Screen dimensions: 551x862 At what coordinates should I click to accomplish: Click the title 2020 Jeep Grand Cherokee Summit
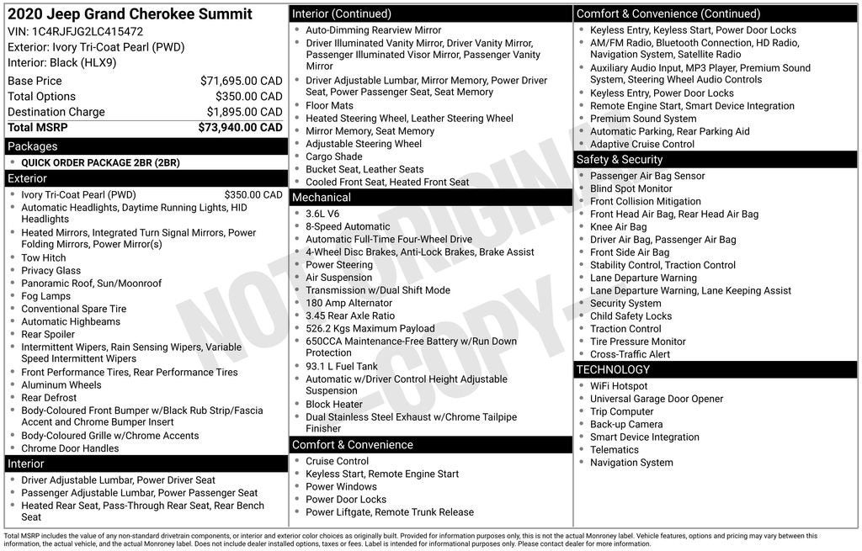click(x=130, y=14)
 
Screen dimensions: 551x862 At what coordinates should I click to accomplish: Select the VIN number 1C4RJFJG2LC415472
click(x=88, y=31)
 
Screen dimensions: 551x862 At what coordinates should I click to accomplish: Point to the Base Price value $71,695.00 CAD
click(x=241, y=81)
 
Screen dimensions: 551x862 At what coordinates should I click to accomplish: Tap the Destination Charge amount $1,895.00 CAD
click(x=241, y=112)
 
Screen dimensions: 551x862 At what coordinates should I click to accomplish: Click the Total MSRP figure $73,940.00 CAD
click(x=240, y=127)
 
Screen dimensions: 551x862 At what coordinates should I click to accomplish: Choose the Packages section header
click(x=33, y=146)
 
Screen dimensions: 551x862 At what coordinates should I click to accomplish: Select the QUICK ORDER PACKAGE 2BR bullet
click(x=100, y=162)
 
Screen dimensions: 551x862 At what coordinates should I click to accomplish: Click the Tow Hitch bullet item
click(x=44, y=257)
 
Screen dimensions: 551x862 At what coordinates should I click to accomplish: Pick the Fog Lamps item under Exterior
click(x=46, y=296)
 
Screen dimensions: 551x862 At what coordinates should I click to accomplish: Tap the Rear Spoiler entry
click(x=48, y=334)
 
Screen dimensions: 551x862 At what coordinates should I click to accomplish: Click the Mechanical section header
click(x=321, y=198)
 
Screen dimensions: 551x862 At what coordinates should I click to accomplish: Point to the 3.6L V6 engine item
click(x=322, y=214)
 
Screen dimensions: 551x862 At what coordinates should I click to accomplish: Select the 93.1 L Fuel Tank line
click(x=342, y=366)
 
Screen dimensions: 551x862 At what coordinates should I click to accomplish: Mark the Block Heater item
click(x=334, y=404)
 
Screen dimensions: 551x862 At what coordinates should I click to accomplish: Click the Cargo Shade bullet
click(x=334, y=156)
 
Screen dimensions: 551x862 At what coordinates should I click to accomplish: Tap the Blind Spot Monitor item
click(x=631, y=188)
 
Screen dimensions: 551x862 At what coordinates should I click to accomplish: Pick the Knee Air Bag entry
click(x=618, y=227)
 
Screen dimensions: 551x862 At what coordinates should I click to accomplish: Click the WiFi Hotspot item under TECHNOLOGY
click(x=619, y=386)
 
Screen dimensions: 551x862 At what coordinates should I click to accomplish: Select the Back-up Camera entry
click(x=626, y=424)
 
